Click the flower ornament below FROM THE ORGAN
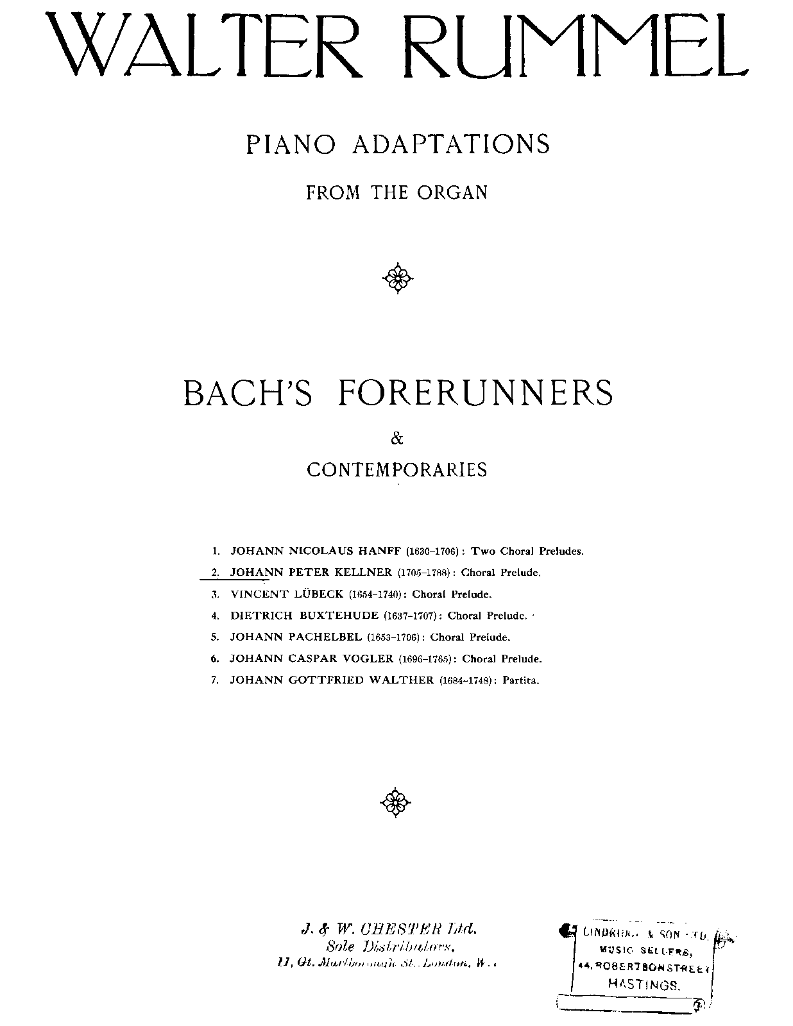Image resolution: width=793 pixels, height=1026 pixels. (397, 278)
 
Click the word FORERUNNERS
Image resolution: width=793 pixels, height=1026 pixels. (475, 392)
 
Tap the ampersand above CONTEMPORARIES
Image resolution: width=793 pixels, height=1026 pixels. (397, 439)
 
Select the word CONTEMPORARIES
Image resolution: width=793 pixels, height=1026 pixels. (397, 470)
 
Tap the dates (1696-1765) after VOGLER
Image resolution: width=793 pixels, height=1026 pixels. (427, 659)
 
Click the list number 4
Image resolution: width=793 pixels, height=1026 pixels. (216, 616)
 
